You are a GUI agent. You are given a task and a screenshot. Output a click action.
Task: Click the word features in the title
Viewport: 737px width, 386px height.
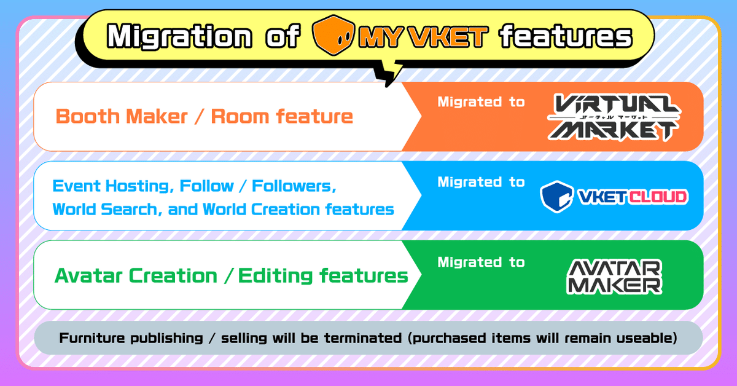click(x=565, y=37)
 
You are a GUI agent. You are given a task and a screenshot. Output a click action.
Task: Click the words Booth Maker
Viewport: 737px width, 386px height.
click(x=122, y=116)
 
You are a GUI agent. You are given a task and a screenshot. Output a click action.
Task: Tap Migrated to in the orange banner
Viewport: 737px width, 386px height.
click(x=481, y=102)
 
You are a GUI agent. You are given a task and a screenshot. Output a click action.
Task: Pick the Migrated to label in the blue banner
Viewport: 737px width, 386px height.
click(x=481, y=182)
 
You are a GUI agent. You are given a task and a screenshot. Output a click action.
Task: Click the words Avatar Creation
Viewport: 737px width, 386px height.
click(x=135, y=275)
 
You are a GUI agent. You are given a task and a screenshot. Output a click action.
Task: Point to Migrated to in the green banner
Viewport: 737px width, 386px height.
click(x=481, y=262)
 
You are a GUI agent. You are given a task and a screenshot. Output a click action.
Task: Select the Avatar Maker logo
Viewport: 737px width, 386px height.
click(x=614, y=276)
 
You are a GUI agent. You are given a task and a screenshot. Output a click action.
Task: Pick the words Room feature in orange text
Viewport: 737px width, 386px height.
click(x=282, y=116)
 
